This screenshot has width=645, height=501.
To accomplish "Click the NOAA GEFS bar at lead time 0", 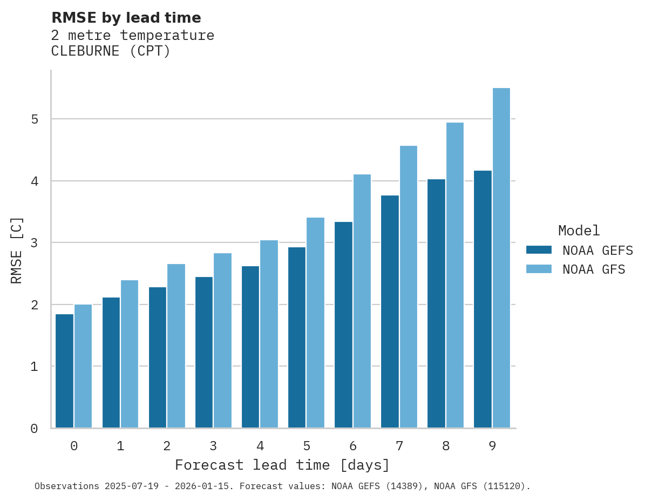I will tap(65, 371).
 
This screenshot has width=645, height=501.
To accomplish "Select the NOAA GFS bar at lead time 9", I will tap(501, 258).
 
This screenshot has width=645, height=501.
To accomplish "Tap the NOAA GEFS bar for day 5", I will tap(297, 337).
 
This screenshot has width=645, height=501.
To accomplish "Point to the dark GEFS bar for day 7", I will tap(390, 312).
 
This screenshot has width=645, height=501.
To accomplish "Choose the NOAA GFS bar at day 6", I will tap(362, 301).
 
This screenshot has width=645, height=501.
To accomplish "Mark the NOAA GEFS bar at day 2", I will tap(158, 357).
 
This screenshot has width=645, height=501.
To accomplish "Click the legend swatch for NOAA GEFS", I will tap(539, 250).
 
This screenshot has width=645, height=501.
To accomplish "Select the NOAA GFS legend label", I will tap(594, 269).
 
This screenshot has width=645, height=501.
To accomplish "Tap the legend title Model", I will tap(579, 231).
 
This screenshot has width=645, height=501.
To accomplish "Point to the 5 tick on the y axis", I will tap(34, 119).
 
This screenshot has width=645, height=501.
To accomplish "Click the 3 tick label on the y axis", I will tap(34, 243).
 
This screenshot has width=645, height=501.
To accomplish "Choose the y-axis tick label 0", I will tap(34, 429).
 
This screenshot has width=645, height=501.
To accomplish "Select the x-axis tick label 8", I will tap(446, 446).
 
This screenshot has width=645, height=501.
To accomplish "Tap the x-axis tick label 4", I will tap(260, 446).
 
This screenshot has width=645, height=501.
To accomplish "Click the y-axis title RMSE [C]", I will tap(17, 250).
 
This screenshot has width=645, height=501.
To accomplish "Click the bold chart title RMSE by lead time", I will tap(126, 18).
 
